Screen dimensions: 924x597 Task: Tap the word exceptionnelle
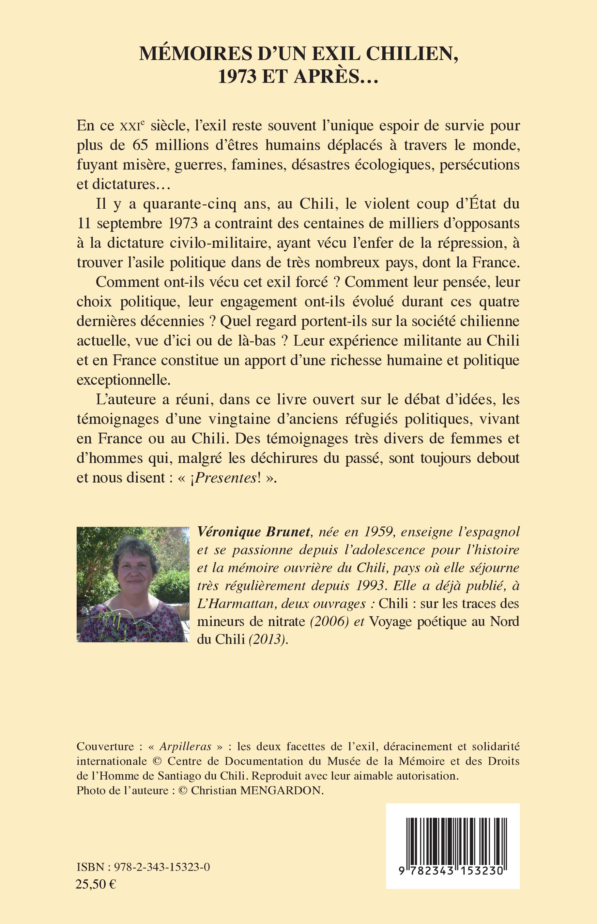(x=124, y=380)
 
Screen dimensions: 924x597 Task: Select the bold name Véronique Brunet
(x=254, y=532)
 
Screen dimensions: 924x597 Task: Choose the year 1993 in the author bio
(x=370, y=585)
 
